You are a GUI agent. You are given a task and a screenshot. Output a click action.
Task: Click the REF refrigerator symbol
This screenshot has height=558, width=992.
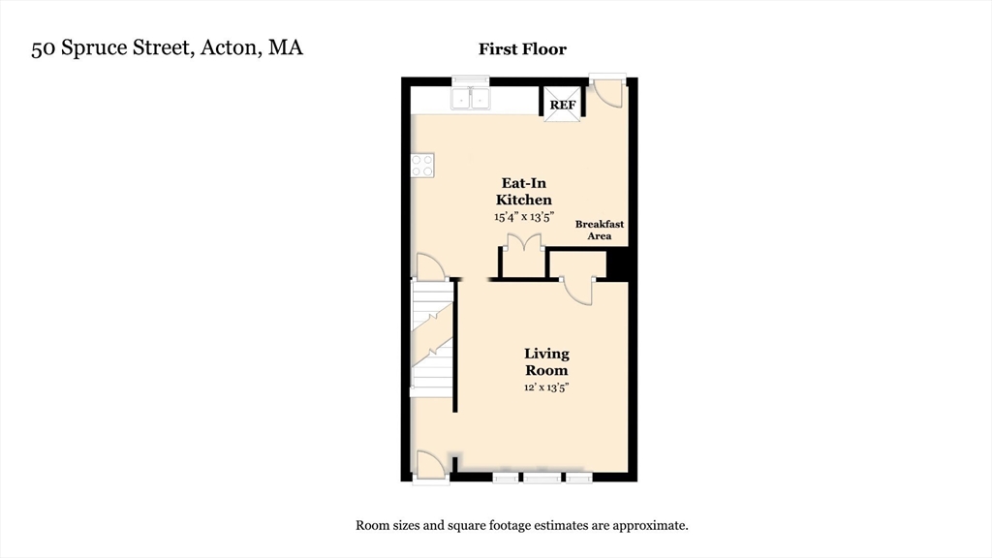point(563,106)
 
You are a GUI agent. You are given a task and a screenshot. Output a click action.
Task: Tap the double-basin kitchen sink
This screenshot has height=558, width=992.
point(471,98)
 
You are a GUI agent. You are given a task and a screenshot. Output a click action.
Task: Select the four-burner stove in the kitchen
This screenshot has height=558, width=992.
point(422,166)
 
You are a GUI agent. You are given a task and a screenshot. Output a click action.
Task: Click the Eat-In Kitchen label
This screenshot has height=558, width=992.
point(526,191)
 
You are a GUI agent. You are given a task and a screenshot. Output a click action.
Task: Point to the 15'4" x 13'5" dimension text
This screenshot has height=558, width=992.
point(523,217)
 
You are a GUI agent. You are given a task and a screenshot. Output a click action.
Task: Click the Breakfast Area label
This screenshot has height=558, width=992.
point(599,230)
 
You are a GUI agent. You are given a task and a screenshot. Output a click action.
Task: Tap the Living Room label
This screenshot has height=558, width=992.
point(546,361)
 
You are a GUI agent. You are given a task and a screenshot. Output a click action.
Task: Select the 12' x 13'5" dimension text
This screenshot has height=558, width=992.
point(546,387)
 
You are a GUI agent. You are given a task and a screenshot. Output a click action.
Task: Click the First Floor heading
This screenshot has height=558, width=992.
point(522,48)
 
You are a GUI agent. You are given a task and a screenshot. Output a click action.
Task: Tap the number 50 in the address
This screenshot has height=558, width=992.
point(42,48)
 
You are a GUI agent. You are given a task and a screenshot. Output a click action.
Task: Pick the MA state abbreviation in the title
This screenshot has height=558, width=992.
point(285,48)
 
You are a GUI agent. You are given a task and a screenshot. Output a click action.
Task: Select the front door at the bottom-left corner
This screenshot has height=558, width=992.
point(429,463)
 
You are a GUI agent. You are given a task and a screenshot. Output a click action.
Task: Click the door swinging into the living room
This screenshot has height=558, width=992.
point(579,291)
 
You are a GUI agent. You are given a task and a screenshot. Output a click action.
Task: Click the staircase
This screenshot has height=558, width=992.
point(433,339)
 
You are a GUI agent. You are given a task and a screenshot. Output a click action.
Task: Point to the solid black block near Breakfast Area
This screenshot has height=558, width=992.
point(618,263)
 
